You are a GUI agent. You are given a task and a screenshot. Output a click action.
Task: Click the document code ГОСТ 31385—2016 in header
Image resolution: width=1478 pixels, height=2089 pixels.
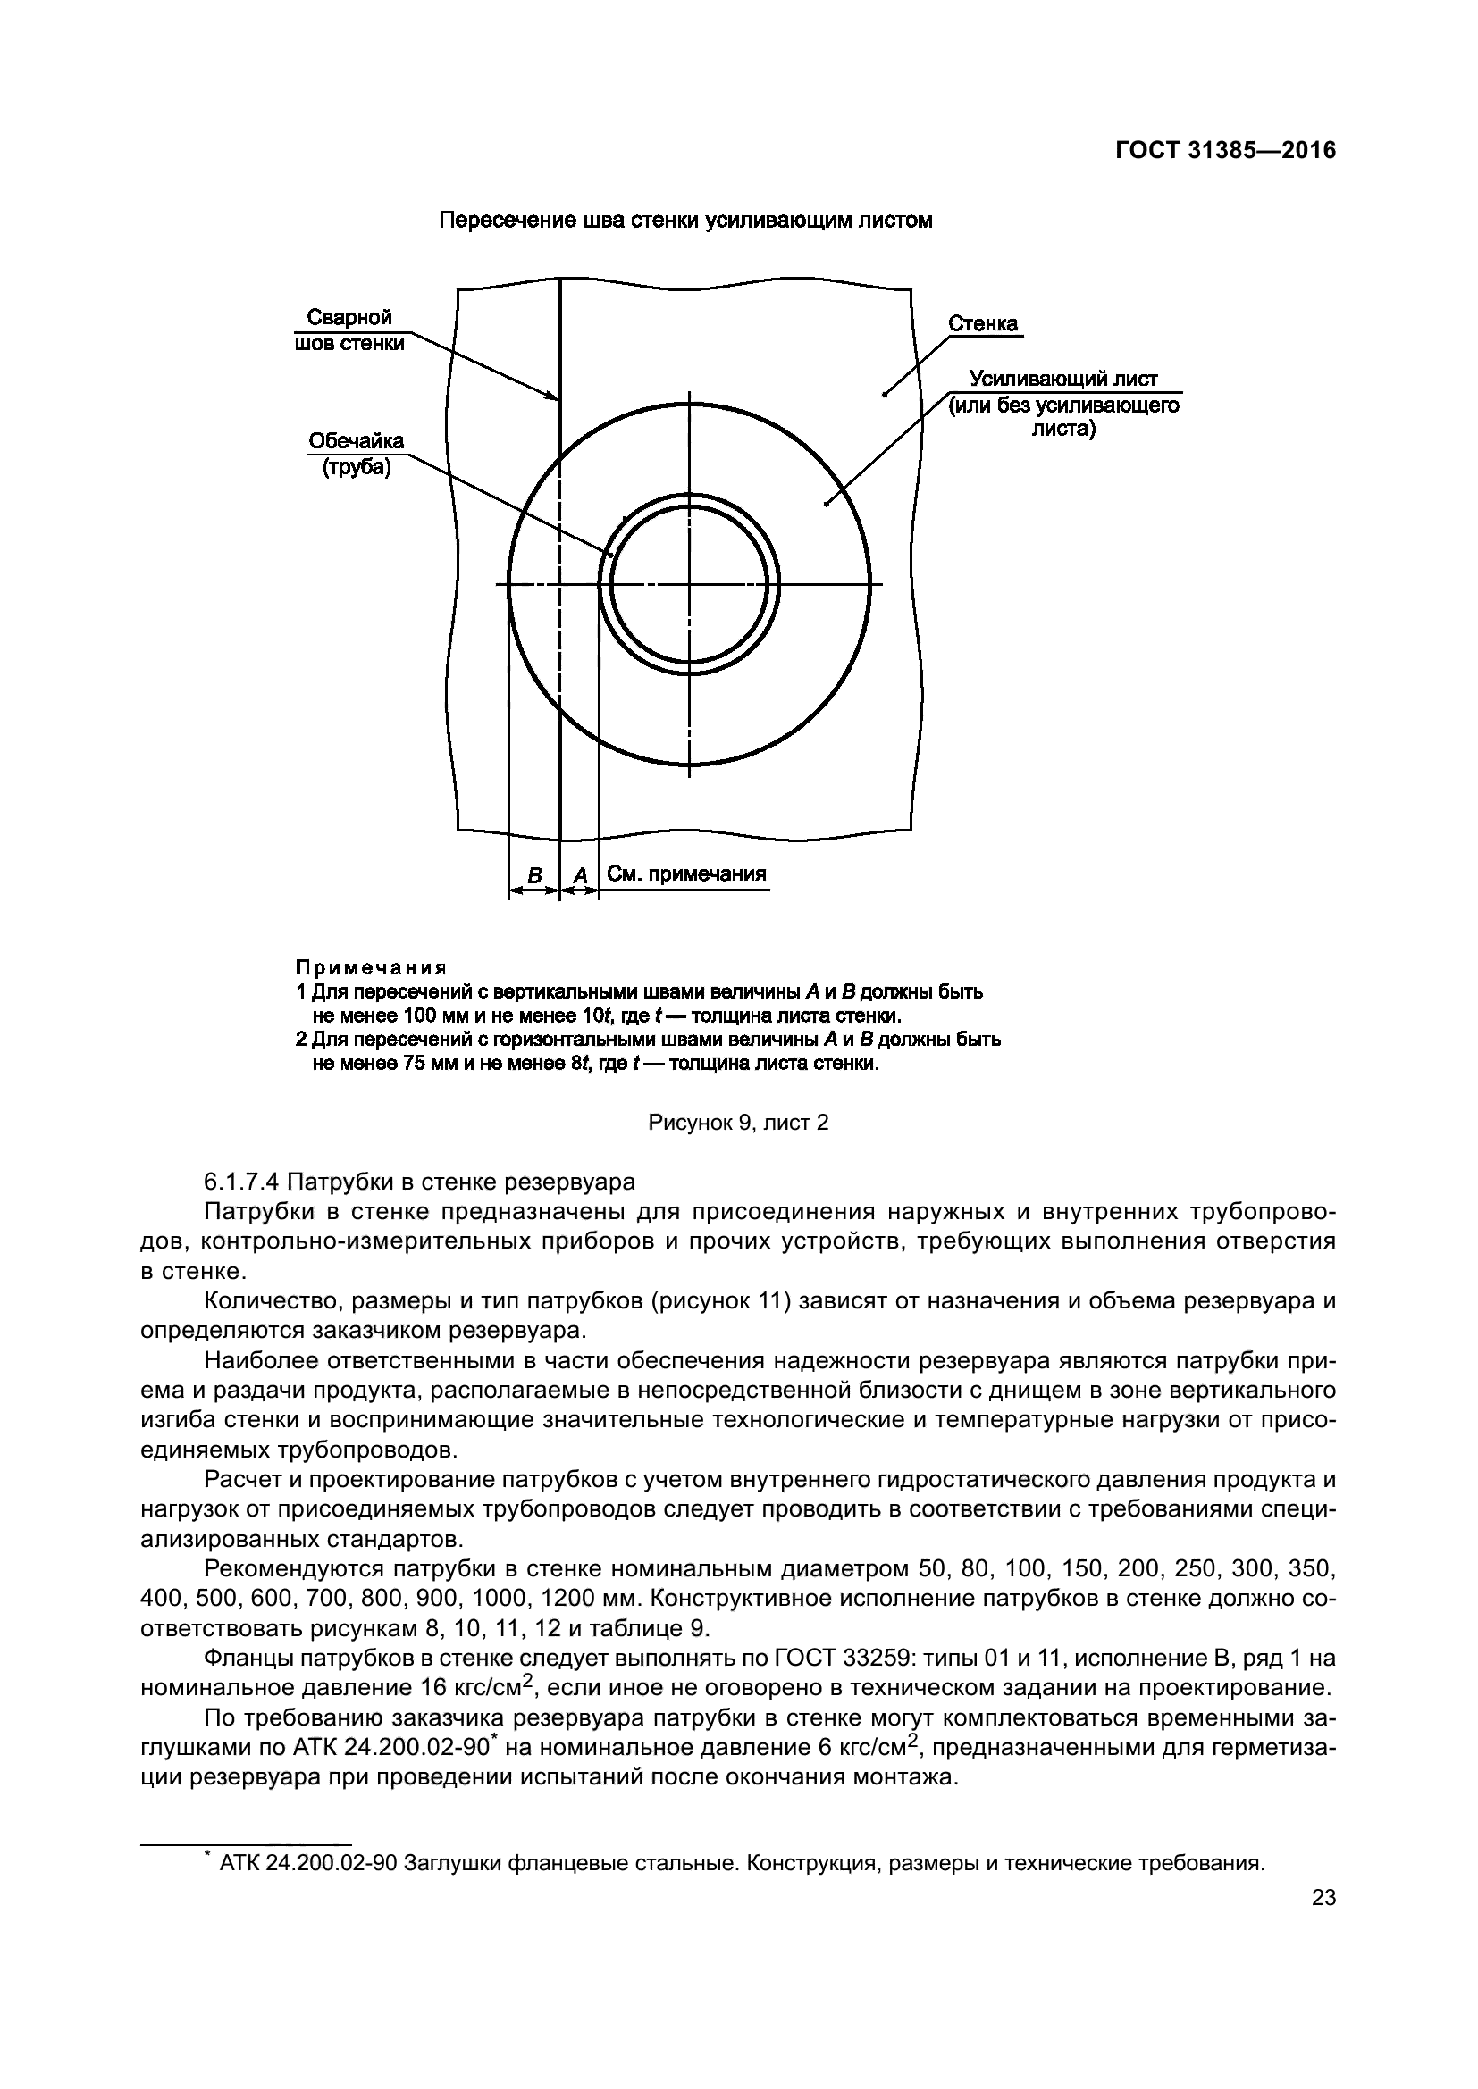click(1226, 151)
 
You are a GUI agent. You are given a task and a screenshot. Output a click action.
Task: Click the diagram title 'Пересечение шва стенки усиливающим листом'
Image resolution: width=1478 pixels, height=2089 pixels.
click(685, 221)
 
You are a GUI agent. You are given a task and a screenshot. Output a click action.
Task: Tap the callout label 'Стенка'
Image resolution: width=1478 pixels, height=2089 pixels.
click(983, 324)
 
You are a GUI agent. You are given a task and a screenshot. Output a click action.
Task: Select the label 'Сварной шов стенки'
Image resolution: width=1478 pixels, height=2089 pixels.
click(349, 330)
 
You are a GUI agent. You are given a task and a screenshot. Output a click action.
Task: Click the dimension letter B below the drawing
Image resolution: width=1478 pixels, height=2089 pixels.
click(535, 875)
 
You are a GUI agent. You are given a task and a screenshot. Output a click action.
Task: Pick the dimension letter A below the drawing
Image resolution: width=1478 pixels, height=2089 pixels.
click(580, 875)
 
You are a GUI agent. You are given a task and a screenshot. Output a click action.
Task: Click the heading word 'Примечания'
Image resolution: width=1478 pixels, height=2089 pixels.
click(371, 966)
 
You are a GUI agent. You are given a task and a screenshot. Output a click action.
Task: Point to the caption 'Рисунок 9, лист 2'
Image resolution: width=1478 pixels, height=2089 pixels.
click(738, 1123)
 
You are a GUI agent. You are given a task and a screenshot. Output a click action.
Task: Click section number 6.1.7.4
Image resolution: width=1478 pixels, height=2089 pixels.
click(242, 1182)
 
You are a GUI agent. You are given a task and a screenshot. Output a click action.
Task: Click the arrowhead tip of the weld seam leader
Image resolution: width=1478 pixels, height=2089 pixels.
click(557, 398)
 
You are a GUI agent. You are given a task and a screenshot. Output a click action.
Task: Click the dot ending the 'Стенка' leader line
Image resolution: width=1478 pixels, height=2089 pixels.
click(884, 394)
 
